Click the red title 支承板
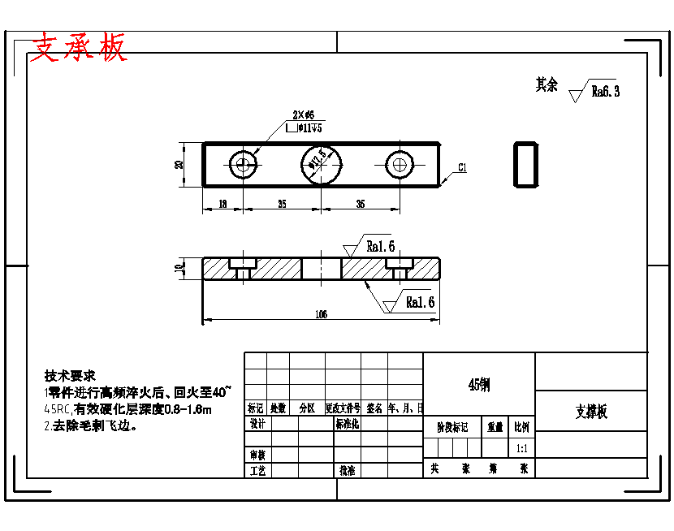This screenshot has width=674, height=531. (x=79, y=49)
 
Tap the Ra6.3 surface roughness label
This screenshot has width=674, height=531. (x=605, y=92)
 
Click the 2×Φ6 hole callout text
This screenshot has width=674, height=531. (x=303, y=115)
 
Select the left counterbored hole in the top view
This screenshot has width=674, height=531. (x=242, y=165)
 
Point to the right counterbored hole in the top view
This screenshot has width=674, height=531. (x=399, y=165)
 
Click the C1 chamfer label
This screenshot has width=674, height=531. (x=461, y=168)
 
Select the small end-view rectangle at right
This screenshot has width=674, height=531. (x=526, y=164)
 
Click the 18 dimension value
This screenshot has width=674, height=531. (x=223, y=205)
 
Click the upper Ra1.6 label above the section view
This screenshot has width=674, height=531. (x=380, y=246)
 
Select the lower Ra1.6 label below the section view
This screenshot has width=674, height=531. (x=420, y=302)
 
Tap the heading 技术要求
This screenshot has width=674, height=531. (x=70, y=376)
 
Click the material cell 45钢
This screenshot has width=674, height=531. (x=479, y=384)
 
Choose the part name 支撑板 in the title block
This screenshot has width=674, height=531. (x=591, y=412)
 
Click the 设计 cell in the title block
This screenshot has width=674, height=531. (x=257, y=424)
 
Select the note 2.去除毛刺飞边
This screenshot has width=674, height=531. (x=90, y=425)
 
